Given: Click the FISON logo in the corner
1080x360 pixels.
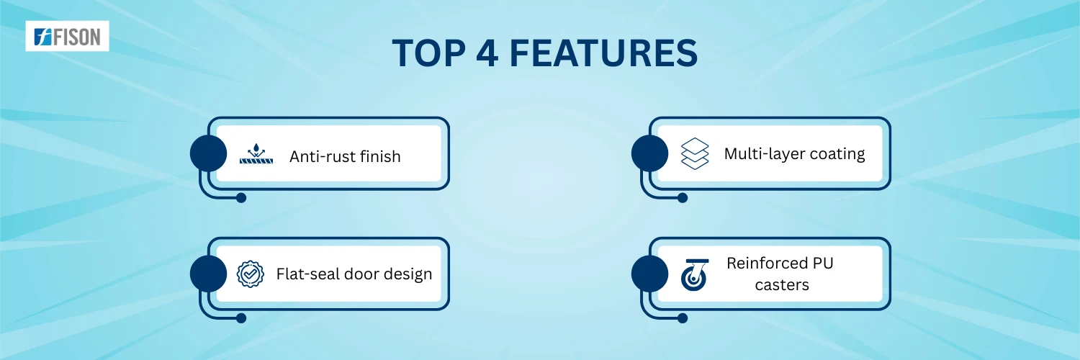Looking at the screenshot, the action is click(x=67, y=36).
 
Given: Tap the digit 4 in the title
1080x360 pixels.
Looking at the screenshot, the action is click(x=487, y=53).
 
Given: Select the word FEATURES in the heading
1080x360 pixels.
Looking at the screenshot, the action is click(x=603, y=53).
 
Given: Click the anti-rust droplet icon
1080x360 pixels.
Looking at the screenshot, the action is click(x=256, y=154).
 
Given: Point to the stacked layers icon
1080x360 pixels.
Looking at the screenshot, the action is click(x=695, y=154).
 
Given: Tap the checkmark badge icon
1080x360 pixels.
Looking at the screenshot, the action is click(x=251, y=274).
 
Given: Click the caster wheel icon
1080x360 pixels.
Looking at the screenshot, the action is click(x=695, y=275).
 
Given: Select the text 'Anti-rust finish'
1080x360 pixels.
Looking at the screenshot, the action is click(x=345, y=157).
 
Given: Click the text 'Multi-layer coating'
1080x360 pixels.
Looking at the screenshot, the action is click(x=795, y=154).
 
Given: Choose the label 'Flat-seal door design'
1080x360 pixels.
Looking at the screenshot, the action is click(x=354, y=274).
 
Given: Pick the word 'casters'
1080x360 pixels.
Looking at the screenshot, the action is click(x=782, y=285).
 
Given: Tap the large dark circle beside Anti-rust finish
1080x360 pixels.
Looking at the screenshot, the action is click(x=208, y=153).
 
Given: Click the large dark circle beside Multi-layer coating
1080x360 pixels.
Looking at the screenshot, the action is click(x=650, y=153).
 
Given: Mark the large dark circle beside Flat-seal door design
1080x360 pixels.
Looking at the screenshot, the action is click(x=208, y=274).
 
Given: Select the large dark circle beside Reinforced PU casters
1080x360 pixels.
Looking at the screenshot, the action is click(x=650, y=274).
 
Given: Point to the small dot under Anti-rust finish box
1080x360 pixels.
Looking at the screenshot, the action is click(x=241, y=197).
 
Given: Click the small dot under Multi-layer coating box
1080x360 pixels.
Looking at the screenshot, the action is click(x=683, y=197).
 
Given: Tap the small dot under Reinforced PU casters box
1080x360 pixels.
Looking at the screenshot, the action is click(x=683, y=318).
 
